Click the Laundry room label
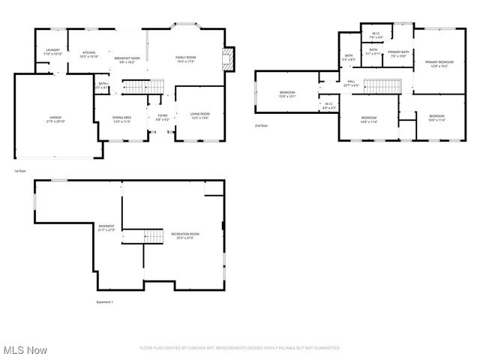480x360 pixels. coord(52,52)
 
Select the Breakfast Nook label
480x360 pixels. coord(124,60)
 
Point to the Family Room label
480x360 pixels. coord(185,59)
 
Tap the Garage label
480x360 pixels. coord(55,119)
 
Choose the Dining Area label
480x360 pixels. coord(121,119)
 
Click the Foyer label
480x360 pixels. coord(162,118)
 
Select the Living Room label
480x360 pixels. coord(199,116)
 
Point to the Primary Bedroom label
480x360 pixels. coord(439,64)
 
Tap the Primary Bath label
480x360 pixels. coord(397,54)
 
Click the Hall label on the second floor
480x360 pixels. coord(350,83)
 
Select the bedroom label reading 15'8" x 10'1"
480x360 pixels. coord(287,94)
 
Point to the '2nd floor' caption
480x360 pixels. coord(261,125)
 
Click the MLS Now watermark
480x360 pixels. coord(25,350)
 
